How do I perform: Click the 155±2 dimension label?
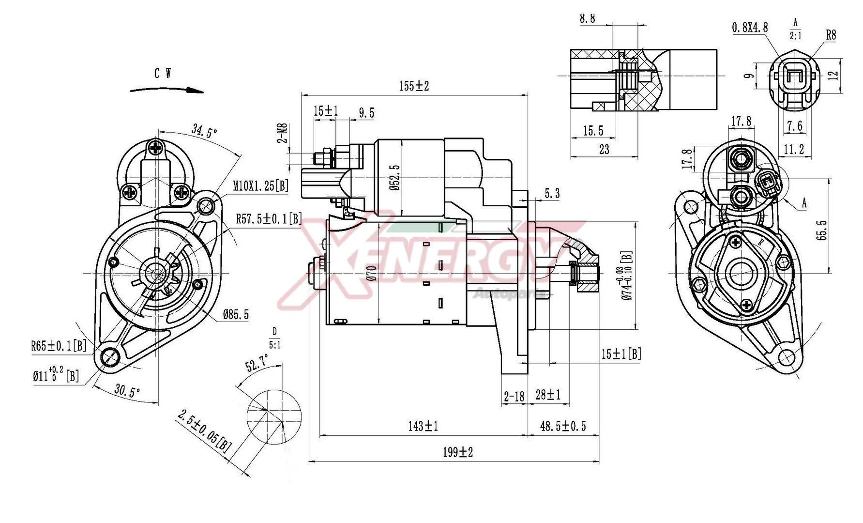pos(414,86)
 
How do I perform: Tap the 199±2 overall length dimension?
pos(457,452)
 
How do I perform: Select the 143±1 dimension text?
pos(423,426)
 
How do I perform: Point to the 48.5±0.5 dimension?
pos(563,426)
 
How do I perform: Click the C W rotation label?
pos(163,74)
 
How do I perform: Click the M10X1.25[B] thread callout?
pos(260,185)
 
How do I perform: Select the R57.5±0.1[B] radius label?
pos(268,219)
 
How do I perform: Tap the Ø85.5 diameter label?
pos(236,315)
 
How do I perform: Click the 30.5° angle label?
pos(127,391)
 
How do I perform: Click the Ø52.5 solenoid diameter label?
pos(396,177)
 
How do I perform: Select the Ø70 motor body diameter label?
pos(371,274)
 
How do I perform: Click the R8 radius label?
pos(831,35)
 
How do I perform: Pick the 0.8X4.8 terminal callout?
pos(750,28)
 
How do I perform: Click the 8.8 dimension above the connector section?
pos(587,18)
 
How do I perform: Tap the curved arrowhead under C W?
pos(196,91)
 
